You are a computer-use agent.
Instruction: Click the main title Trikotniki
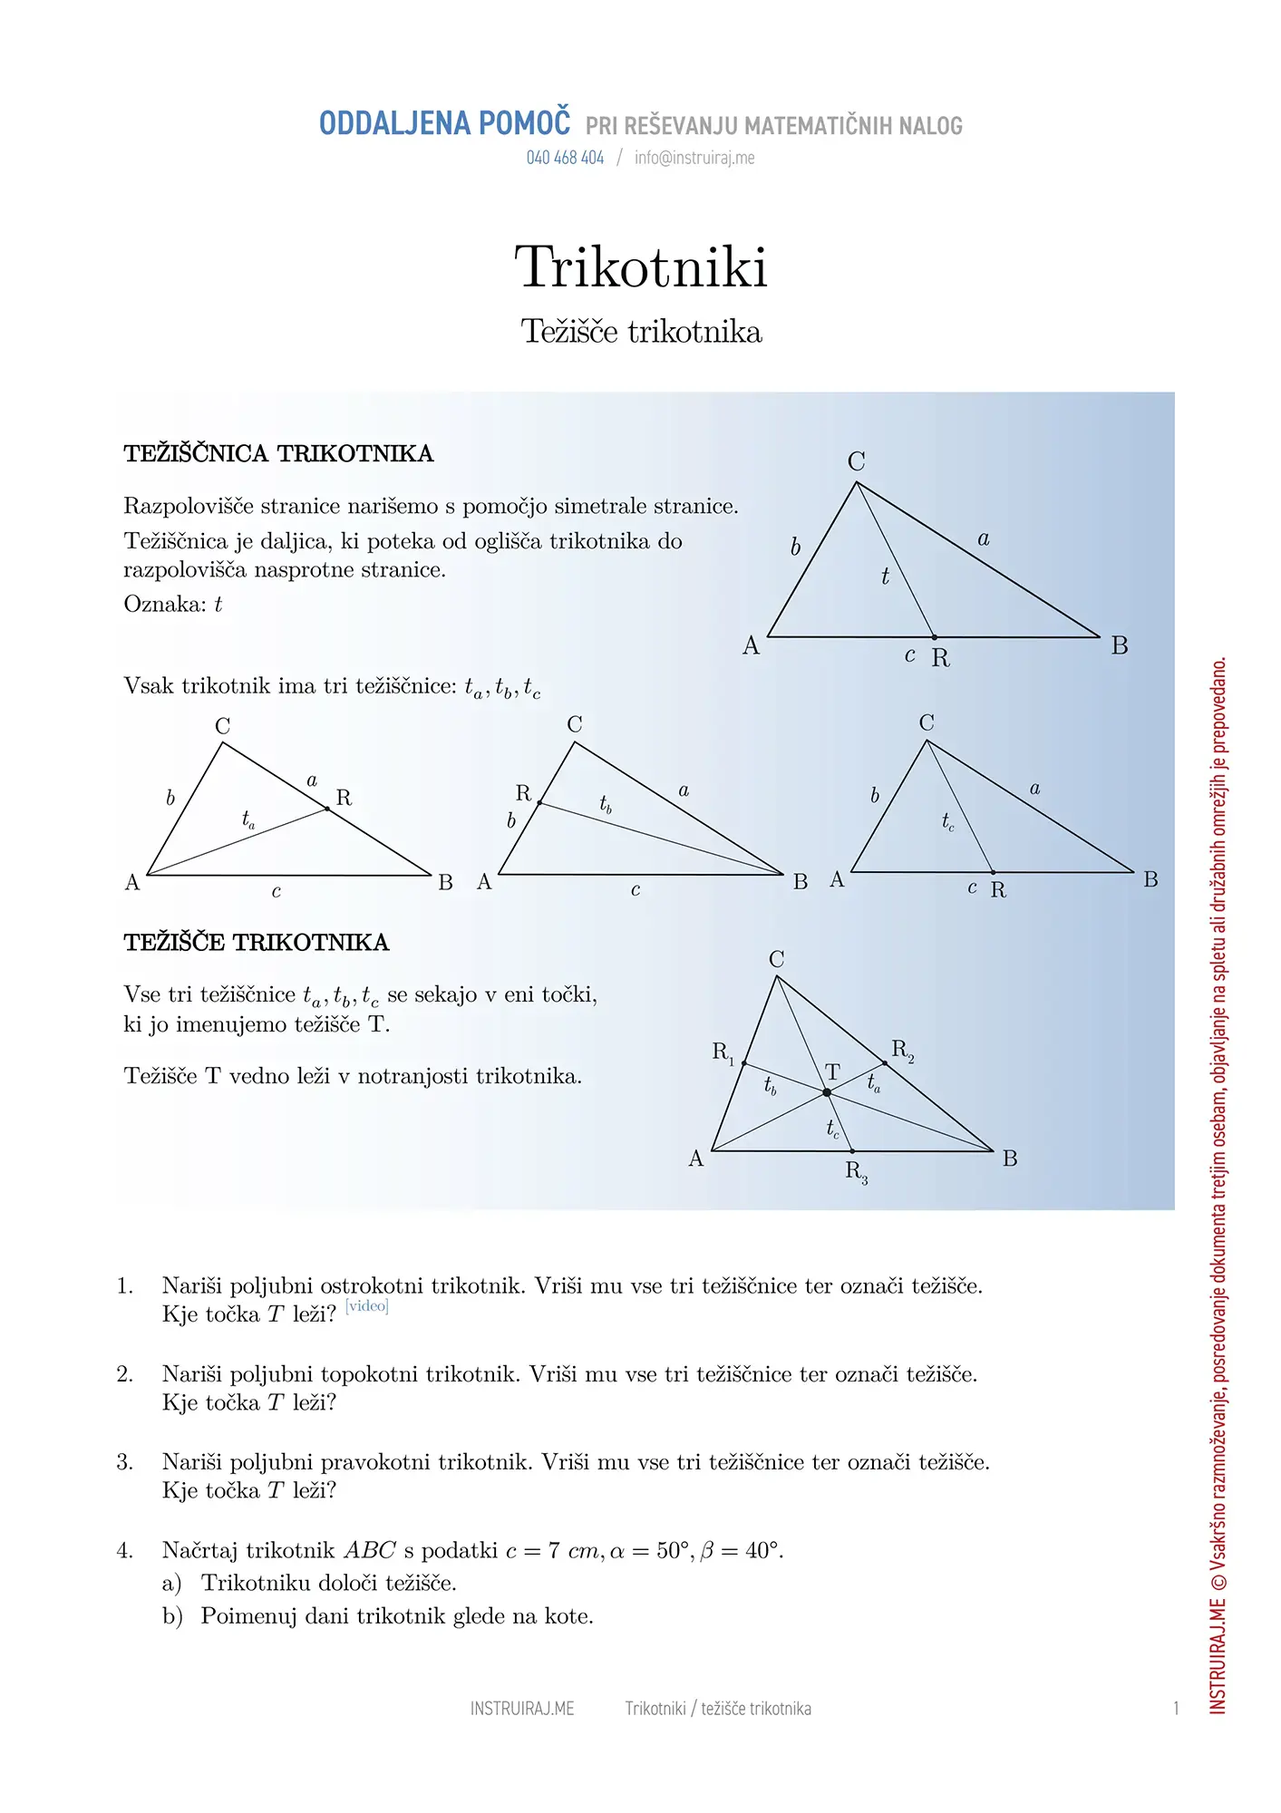point(641,267)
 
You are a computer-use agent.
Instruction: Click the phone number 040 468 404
point(565,158)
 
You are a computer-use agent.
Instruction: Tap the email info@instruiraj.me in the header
point(694,158)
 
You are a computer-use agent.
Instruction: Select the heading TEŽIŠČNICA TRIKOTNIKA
point(278,453)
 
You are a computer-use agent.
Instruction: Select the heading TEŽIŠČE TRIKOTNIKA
point(257,943)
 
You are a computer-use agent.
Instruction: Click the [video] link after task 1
point(367,1306)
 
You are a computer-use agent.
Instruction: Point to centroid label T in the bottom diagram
point(832,1072)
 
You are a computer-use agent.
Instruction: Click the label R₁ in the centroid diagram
point(723,1052)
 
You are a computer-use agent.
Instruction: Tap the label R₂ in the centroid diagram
point(902,1051)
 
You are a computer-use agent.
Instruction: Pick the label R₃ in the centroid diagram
point(856,1172)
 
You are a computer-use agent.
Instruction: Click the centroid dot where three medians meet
point(827,1093)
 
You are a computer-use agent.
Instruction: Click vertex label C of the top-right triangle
point(856,461)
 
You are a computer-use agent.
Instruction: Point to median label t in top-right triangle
point(885,577)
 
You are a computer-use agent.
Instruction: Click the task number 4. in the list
point(125,1551)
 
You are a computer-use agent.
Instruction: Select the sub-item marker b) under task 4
point(172,1616)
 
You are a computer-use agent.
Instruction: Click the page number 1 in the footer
point(1176,1709)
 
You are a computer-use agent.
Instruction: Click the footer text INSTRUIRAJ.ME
point(522,1709)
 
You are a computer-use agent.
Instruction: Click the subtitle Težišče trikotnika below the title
point(641,332)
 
